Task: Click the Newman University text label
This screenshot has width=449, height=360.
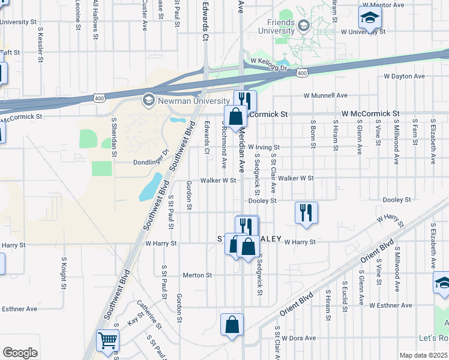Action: [x=193, y=101]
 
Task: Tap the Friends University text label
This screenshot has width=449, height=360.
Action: [x=276, y=26]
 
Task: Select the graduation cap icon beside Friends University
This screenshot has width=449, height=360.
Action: [x=304, y=25]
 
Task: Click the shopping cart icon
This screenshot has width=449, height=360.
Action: [x=107, y=340]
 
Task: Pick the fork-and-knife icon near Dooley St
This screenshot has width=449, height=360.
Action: [x=306, y=212]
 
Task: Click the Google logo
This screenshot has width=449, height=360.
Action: [x=20, y=353]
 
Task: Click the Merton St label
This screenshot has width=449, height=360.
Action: [x=197, y=275]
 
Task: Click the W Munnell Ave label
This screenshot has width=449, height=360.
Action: [x=325, y=95]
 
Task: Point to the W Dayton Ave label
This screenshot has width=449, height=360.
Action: [x=404, y=77]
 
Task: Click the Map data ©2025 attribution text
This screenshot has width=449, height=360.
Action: [x=424, y=355]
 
